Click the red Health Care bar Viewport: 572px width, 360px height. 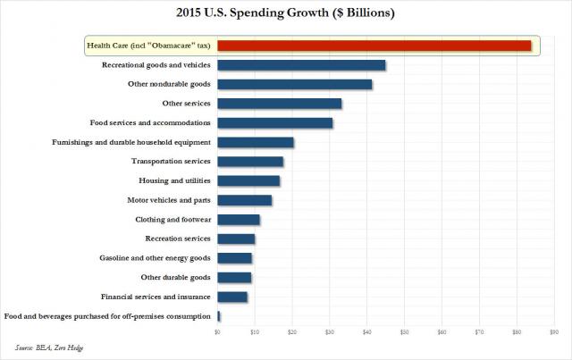coord(374,46)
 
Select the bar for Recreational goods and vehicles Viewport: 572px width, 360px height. coord(301,65)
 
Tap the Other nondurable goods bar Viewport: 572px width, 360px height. coord(295,84)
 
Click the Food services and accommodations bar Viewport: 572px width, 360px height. coord(274,122)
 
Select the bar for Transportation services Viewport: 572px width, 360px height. coord(250,162)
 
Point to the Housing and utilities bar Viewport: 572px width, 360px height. coord(248,180)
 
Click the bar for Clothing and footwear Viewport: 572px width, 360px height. coord(239,219)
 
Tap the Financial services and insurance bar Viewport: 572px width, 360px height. coord(232,297)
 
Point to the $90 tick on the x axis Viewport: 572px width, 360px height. coord(554,332)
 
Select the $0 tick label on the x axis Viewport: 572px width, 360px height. coord(217,332)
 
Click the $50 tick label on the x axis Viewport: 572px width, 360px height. coord(404,332)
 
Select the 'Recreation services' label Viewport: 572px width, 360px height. coord(178,239)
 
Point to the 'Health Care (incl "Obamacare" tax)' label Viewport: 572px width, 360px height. coord(148,46)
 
